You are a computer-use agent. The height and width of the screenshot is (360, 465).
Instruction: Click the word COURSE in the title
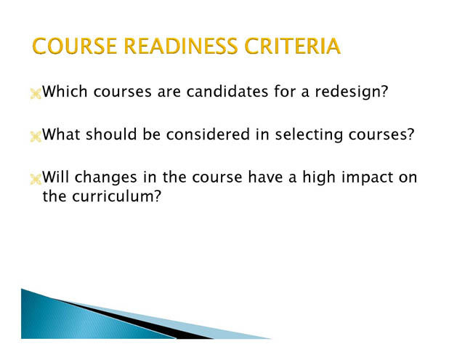pyautogui.click(x=74, y=46)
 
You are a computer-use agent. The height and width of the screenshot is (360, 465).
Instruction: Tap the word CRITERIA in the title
pyautogui.click(x=292, y=46)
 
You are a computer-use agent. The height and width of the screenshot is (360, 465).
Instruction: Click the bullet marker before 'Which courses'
pyautogui.click(x=36, y=94)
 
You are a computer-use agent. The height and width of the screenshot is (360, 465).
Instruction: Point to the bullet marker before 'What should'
pyautogui.click(x=36, y=137)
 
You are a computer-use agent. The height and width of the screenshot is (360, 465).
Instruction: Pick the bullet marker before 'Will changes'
pyautogui.click(x=36, y=180)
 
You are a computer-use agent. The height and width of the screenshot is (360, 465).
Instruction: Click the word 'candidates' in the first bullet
pyautogui.click(x=227, y=92)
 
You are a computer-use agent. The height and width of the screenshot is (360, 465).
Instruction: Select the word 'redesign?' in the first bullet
pyautogui.click(x=352, y=92)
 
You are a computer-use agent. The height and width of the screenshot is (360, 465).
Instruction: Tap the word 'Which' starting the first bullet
pyautogui.click(x=65, y=92)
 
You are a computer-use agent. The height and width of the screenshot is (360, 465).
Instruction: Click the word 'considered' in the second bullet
pyautogui.click(x=209, y=135)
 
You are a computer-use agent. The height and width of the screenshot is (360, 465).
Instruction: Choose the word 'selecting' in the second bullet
pyautogui.click(x=309, y=135)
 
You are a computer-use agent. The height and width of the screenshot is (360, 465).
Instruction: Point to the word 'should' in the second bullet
pyautogui.click(x=111, y=135)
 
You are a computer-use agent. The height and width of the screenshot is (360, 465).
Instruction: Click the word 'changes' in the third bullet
pyautogui.click(x=105, y=178)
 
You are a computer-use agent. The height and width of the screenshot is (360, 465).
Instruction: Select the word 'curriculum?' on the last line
pyautogui.click(x=116, y=196)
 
